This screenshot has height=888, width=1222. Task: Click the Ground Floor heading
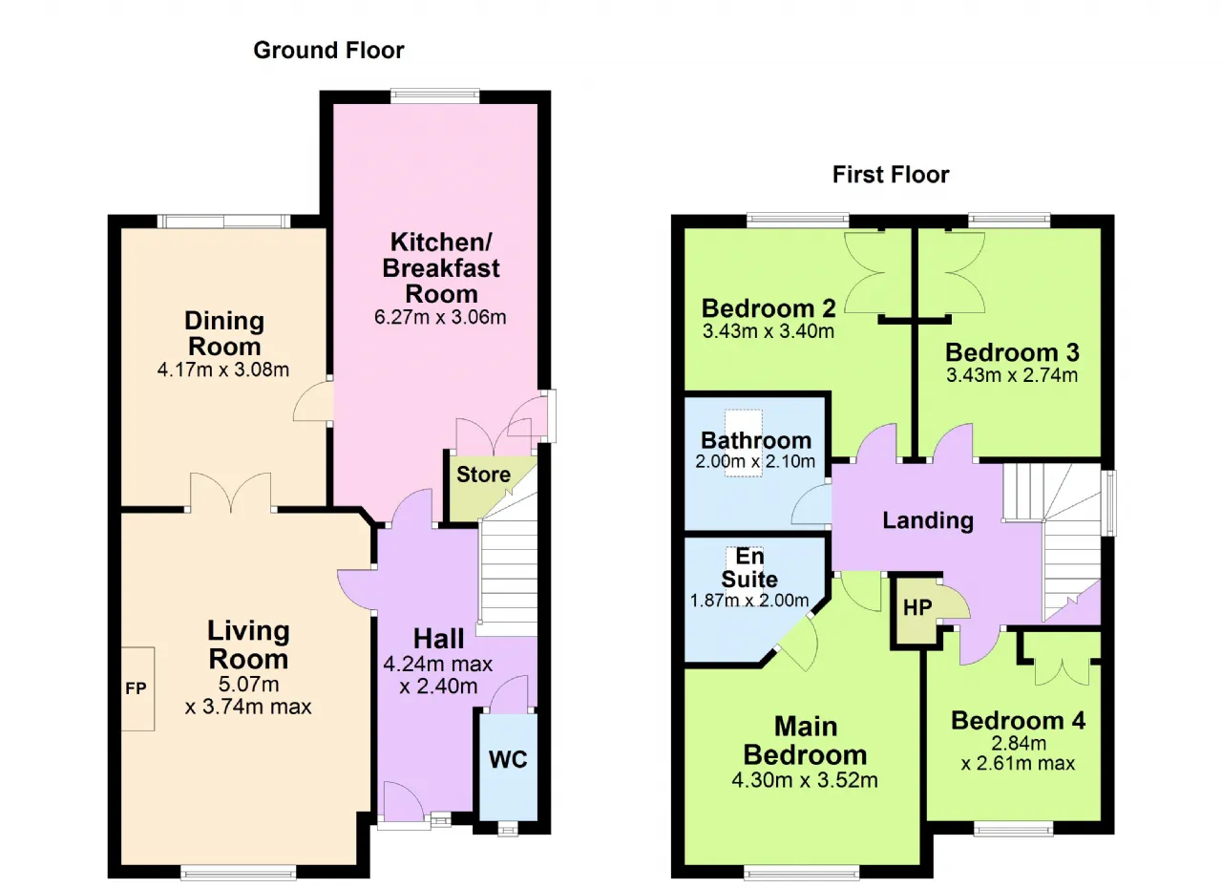pyautogui.click(x=328, y=51)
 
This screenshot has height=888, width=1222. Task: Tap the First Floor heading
pyautogui.click(x=891, y=175)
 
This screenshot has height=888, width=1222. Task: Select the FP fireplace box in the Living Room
pyautogui.click(x=137, y=688)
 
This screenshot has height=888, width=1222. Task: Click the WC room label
pyautogui.click(x=508, y=759)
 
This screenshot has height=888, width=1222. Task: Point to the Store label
pyautogui.click(x=483, y=475)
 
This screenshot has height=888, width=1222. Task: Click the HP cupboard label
pyautogui.click(x=917, y=607)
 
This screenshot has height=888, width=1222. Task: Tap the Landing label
pyautogui.click(x=928, y=520)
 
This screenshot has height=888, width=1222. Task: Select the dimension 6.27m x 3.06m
pyautogui.click(x=440, y=317)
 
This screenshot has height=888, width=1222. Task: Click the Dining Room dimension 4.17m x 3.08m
pyautogui.click(x=223, y=370)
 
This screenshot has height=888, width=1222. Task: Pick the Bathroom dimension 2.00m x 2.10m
pyautogui.click(x=755, y=461)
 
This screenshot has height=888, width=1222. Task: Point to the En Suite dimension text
pyautogui.click(x=749, y=601)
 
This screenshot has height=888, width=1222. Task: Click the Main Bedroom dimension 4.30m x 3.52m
pyautogui.click(x=805, y=780)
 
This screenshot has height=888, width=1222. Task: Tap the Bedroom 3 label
pyautogui.click(x=1012, y=352)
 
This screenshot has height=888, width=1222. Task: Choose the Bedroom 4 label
pyautogui.click(x=1018, y=721)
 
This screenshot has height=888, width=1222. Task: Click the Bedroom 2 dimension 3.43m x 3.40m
pyautogui.click(x=769, y=331)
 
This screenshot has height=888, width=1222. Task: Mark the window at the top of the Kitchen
pyautogui.click(x=434, y=96)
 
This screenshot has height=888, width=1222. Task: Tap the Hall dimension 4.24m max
pyautogui.click(x=438, y=665)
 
